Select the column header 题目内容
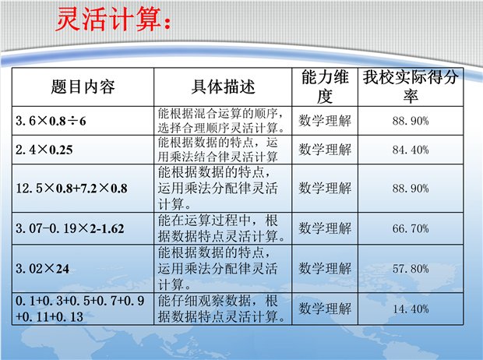tap(83, 86)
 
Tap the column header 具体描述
tap(223, 86)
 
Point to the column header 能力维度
tap(325, 86)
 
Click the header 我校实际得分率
tap(411, 86)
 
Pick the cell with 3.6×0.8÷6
tap(51, 121)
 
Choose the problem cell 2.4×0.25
tap(44, 150)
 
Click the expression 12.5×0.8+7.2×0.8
tap(72, 189)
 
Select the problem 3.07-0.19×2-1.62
tap(70, 228)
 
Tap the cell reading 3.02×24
tap(43, 269)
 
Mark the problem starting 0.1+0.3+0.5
tap(79, 309)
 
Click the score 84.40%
tap(411, 150)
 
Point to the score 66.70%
tap(411, 228)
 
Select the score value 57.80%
tap(411, 269)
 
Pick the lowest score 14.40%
tap(411, 309)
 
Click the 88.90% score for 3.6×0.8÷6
tap(411, 121)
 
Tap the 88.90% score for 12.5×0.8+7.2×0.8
tap(411, 189)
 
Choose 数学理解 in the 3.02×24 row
tap(325, 269)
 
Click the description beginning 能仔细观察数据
tap(221, 309)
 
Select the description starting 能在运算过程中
tap(221, 228)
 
